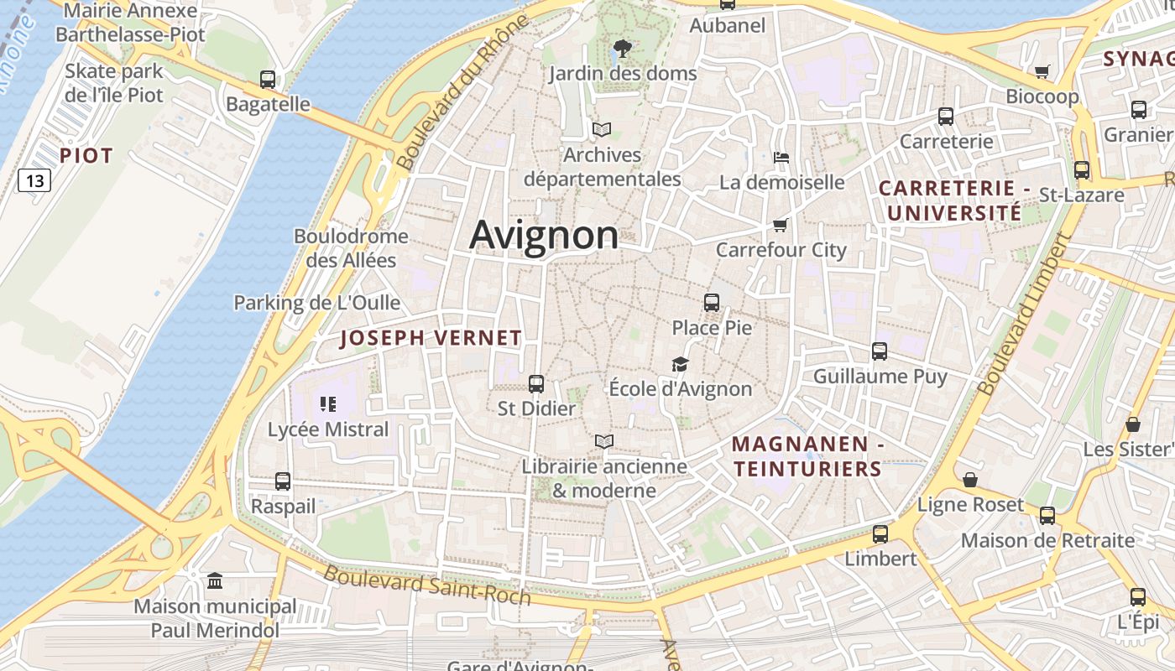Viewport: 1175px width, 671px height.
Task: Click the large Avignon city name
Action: click(x=544, y=235)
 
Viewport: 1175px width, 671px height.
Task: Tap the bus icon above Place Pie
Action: click(x=712, y=303)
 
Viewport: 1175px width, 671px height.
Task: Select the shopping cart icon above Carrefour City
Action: click(x=781, y=225)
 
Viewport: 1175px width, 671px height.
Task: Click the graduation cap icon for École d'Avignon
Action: click(x=680, y=365)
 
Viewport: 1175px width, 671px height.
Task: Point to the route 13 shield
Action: click(x=34, y=180)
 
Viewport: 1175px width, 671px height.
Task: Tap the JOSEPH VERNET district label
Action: click(x=431, y=339)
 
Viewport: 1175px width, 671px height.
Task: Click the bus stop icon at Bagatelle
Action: click(x=268, y=80)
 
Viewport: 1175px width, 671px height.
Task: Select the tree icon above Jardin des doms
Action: click(x=623, y=48)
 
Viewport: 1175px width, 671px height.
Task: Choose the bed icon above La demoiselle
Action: click(x=781, y=157)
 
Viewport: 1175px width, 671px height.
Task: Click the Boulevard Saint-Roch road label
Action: click(x=427, y=585)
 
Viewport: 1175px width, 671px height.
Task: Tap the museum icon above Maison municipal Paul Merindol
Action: click(x=215, y=580)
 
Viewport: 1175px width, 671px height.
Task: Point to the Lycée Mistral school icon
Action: click(x=328, y=405)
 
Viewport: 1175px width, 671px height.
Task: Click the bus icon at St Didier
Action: click(x=536, y=384)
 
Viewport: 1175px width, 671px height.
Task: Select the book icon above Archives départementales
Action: click(x=602, y=130)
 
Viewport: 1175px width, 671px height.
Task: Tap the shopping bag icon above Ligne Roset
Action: click(x=970, y=480)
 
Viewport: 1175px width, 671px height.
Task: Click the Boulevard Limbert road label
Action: click(x=1026, y=314)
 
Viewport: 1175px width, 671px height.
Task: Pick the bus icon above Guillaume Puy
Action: click(x=880, y=351)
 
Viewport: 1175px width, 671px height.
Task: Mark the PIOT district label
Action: click(x=86, y=156)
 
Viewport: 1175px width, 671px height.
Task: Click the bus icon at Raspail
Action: click(x=283, y=481)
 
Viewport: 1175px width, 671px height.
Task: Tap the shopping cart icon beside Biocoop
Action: click(x=1042, y=72)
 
